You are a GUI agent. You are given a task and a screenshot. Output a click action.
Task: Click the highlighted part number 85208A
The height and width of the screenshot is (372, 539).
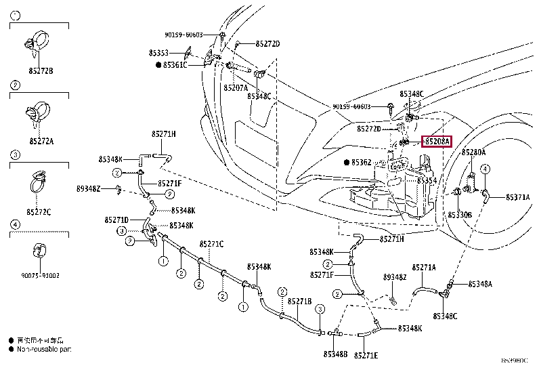tap(437, 142)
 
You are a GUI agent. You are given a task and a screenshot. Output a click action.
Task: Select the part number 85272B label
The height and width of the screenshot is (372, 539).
tap(41, 70)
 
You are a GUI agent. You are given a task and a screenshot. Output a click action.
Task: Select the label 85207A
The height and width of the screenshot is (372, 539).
tap(235, 87)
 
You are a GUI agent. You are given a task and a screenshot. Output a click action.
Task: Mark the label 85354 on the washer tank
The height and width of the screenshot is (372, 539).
tap(426, 181)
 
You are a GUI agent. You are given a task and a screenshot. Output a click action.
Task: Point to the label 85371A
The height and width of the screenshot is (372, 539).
tap(518, 197)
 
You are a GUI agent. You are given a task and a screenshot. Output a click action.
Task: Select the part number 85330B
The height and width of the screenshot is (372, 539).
tap(460, 214)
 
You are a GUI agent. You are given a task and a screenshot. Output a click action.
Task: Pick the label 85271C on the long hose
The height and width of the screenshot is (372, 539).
tap(211, 244)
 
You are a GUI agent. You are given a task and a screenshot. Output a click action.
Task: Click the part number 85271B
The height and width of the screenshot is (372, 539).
tap(299, 301)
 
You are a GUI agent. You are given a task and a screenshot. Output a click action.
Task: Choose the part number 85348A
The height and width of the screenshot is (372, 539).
tap(480, 284)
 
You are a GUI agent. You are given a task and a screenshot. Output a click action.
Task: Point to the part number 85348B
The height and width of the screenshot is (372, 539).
tap(335, 354)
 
